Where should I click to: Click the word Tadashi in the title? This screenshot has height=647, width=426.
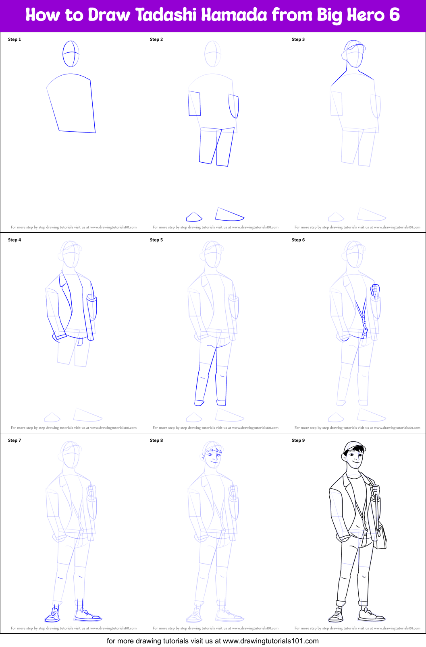pyautogui.click(x=166, y=15)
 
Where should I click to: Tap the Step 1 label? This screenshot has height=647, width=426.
pyautogui.click(x=15, y=39)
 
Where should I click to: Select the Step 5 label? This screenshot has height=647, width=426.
pyautogui.click(x=156, y=240)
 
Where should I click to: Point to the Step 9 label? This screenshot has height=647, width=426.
pyautogui.click(x=298, y=440)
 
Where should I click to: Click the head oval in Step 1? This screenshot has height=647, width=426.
pyautogui.click(x=71, y=54)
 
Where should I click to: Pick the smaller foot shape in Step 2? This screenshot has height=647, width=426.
pyautogui.click(x=194, y=217)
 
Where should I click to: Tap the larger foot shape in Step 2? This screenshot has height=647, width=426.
pyautogui.click(x=229, y=214)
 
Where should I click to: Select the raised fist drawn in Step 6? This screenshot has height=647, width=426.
pyautogui.click(x=375, y=290)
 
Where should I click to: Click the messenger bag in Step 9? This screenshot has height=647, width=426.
pyautogui.click(x=381, y=537)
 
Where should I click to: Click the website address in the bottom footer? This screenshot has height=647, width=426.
pyautogui.click(x=270, y=641)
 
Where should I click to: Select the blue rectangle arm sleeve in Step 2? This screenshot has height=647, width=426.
pyautogui.click(x=194, y=103)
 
